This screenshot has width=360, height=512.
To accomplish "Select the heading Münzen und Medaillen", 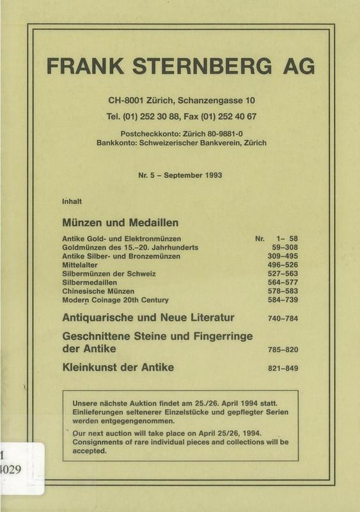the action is pyautogui.click(x=120, y=223).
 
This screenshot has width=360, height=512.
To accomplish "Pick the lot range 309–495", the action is pyautogui.click(x=281, y=256).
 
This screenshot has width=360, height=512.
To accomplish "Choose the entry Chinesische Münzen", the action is pyautogui.click(x=98, y=291).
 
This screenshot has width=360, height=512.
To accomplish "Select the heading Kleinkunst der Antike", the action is pyautogui.click(x=118, y=368).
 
